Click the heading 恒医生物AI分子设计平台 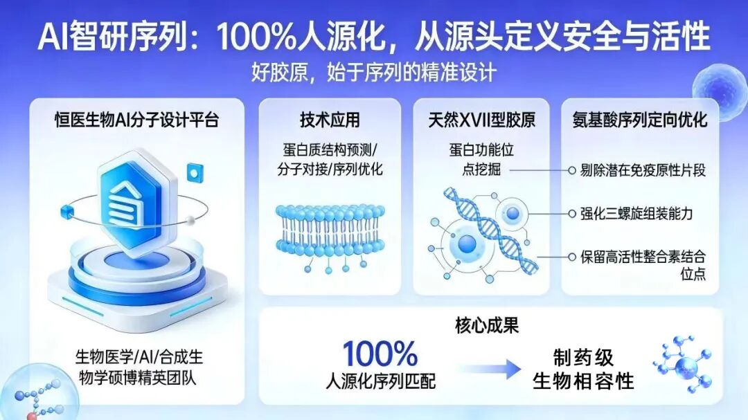pyautogui.click(x=136, y=120)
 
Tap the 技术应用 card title pyautogui.click(x=330, y=120)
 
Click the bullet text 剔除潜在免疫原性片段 pyautogui.click(x=643, y=170)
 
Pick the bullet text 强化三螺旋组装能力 pyautogui.click(x=636, y=213)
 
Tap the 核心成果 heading pyautogui.click(x=486, y=326)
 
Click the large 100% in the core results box pyautogui.click(x=380, y=354)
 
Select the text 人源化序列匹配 pyautogui.click(x=380, y=380)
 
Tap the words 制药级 pyautogui.click(x=583, y=357)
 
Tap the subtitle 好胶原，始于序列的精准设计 pyautogui.click(x=374, y=72)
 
